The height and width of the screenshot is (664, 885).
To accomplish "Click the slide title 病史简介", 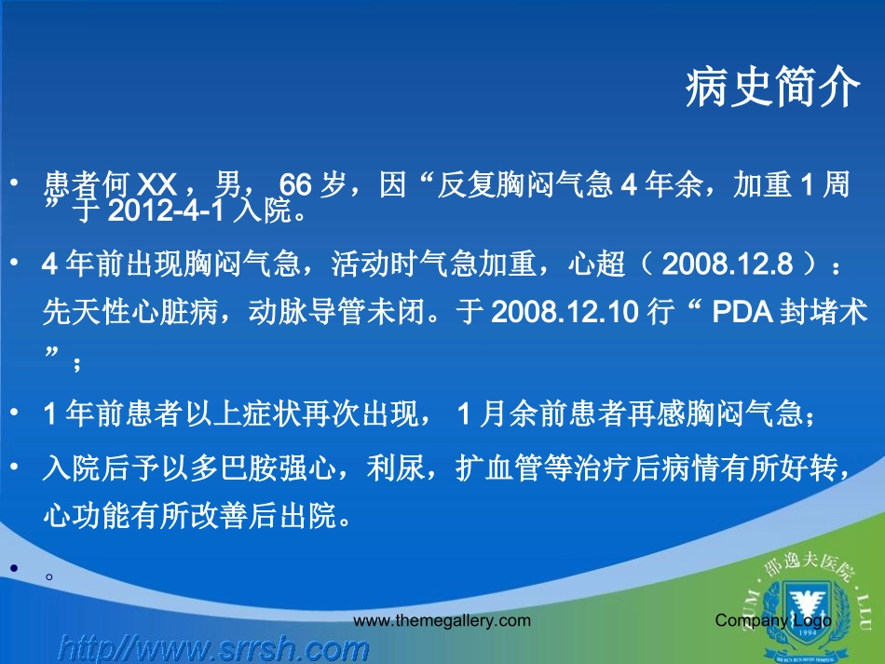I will click(772, 89).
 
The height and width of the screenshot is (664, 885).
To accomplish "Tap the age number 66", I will click(298, 186).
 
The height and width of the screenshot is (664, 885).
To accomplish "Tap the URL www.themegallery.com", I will click(442, 620).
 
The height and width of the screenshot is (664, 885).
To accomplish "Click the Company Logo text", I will click(773, 620).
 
